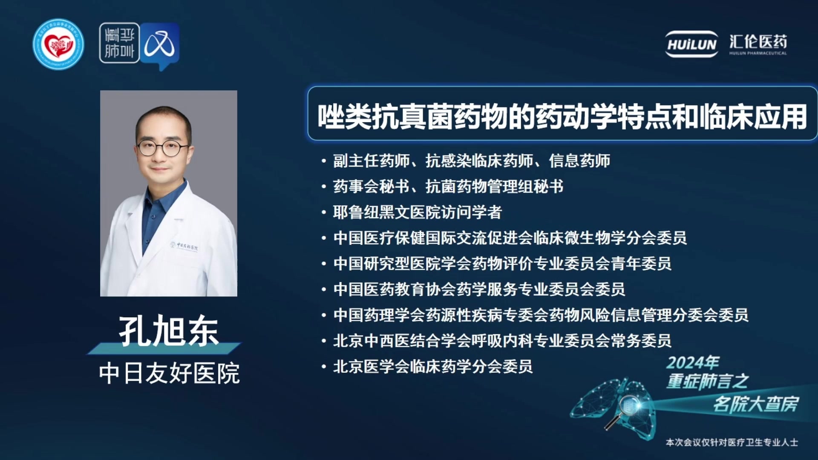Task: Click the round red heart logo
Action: [x=58, y=44]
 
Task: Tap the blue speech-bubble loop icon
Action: [x=160, y=46]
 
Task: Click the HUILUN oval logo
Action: [x=692, y=44]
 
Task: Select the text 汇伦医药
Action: [x=758, y=42]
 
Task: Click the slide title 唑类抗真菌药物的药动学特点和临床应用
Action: [x=562, y=116]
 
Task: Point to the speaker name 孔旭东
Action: [x=169, y=331]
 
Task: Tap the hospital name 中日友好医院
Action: [x=169, y=374]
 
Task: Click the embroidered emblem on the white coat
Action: [x=184, y=246]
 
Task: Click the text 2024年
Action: [x=693, y=362]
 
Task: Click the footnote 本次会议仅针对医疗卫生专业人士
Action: [x=732, y=443]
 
